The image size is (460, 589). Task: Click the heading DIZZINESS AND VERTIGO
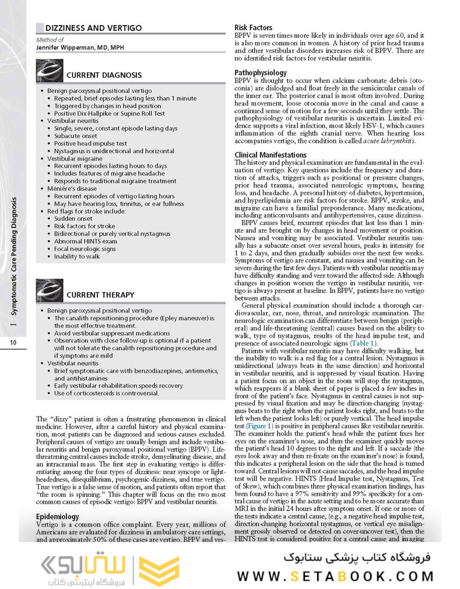tap(93, 28)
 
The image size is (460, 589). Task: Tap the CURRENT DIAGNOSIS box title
tap(104, 75)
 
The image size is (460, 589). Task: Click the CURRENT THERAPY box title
tap(100, 295)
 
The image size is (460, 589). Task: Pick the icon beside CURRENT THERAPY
tap(50, 290)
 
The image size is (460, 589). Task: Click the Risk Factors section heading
tap(253, 27)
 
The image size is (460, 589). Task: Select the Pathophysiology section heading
tap(260, 72)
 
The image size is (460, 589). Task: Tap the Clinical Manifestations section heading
tap(270, 155)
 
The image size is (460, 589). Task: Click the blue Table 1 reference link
tap(363, 344)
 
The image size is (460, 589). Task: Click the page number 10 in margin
tap(13, 342)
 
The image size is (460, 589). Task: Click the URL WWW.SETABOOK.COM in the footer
tap(335, 576)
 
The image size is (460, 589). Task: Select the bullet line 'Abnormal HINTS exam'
tap(86, 241)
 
